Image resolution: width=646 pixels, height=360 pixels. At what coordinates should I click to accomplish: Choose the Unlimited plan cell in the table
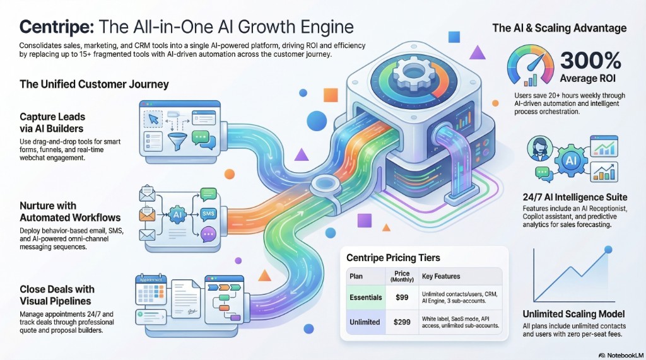click(x=365, y=322)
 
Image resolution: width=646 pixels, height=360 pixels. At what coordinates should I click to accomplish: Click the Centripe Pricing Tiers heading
click(x=394, y=257)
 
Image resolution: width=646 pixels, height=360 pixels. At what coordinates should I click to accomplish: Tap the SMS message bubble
click(x=208, y=214)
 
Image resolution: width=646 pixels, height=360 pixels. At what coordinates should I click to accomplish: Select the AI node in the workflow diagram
click(x=177, y=214)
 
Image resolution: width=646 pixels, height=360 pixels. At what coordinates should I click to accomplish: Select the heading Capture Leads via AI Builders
click(x=52, y=122)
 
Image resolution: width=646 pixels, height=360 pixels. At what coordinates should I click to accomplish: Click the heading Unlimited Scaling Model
click(x=574, y=314)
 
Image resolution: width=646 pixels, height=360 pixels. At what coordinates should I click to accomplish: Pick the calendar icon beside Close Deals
click(x=153, y=294)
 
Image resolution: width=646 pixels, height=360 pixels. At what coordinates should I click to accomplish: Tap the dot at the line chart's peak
click(x=608, y=250)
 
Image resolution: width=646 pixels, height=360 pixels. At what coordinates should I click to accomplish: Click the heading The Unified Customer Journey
click(x=94, y=84)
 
